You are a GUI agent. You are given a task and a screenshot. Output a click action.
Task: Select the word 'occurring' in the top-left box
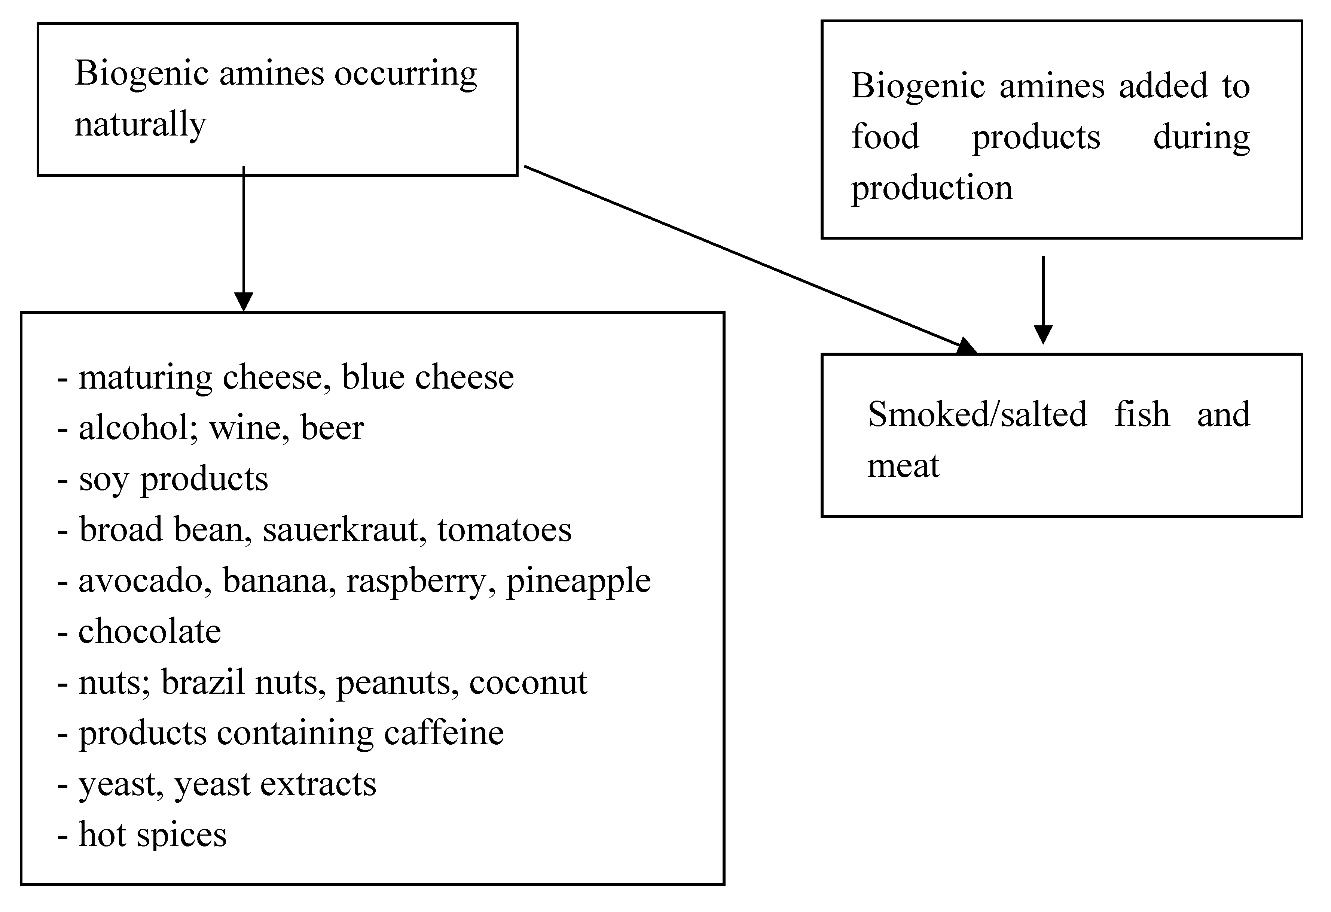[x=406, y=75]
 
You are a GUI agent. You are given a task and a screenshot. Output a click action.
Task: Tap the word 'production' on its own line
[x=932, y=188]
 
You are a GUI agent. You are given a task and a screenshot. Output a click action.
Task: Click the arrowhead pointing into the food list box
[x=244, y=301]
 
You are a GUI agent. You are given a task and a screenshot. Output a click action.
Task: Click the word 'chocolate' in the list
[x=149, y=632]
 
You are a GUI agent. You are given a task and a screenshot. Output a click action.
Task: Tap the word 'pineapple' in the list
[x=579, y=581]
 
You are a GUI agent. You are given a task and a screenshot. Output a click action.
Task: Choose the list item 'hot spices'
[x=152, y=835]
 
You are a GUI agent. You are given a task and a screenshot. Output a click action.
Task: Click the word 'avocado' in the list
[x=141, y=581]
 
